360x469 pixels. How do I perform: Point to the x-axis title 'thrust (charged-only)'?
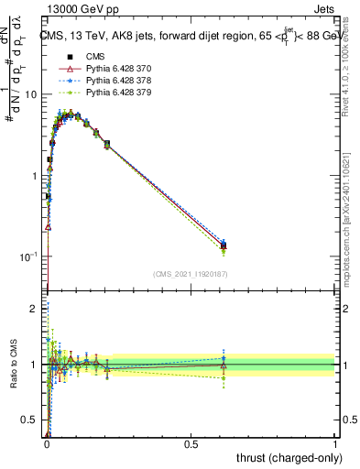285,457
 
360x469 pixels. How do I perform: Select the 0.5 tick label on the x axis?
191,443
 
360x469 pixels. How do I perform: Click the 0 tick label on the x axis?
47,443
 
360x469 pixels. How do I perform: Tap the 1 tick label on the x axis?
336,443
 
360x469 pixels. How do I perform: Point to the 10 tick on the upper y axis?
31,94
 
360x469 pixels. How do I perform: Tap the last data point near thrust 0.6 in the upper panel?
224,245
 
